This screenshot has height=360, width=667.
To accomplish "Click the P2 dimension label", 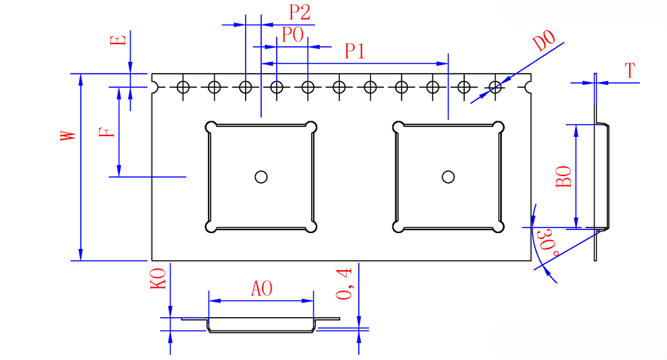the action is tap(300, 13).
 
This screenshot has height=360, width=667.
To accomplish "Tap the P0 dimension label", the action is tap(293, 35).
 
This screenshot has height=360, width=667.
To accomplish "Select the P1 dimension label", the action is tap(355, 51).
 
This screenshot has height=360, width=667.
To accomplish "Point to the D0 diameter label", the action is tap(544, 41).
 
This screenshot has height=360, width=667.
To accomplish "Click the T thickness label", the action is tap(630, 71).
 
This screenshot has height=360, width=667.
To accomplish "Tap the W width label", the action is tap(68, 135).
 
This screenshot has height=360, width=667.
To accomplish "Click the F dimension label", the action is tap(107, 131).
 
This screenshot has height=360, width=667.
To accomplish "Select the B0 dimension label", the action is tap(564, 177).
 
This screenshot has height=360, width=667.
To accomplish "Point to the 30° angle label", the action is tap(548, 243).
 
